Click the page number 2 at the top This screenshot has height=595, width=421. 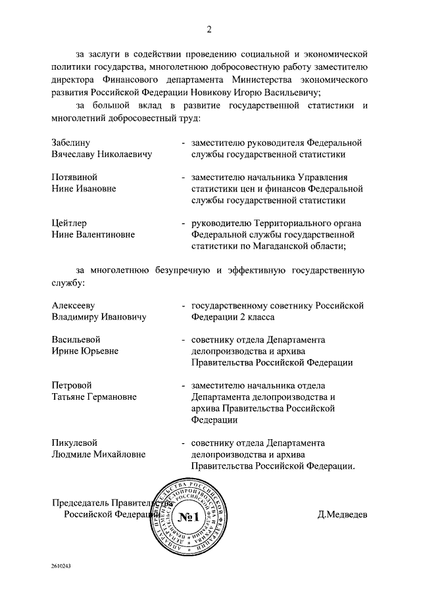209,30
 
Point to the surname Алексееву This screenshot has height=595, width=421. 73,304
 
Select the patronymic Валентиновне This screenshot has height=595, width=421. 105,235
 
